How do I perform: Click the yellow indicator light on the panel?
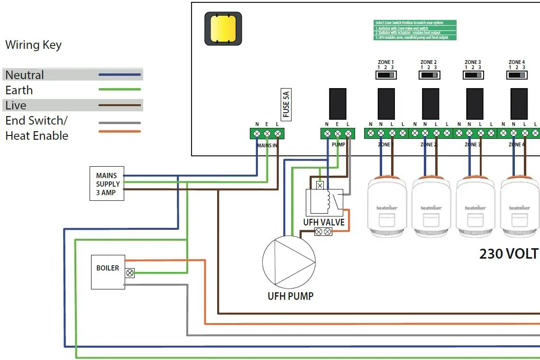(223, 28)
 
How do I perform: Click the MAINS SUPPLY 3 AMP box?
(107, 183)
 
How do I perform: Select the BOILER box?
(108, 271)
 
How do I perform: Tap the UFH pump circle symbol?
(289, 262)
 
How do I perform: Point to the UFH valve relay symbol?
(325, 202)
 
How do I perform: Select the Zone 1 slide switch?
(386, 75)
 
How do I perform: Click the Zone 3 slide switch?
(473, 75)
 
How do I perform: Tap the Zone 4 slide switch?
(517, 75)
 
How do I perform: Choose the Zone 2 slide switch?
(429, 75)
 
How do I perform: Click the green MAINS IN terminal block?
(267, 134)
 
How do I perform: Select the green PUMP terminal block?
(338, 134)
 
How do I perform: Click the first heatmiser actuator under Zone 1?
(387, 208)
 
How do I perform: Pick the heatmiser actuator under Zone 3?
(475, 208)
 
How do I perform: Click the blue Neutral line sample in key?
(119, 75)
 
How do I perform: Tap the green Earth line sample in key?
(119, 90)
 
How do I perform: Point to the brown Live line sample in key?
(119, 105)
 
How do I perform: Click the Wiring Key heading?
(33, 45)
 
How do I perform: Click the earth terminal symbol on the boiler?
(129, 273)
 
